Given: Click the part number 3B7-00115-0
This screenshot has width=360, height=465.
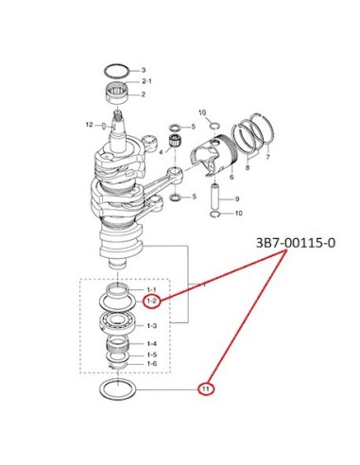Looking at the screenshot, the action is (296, 243).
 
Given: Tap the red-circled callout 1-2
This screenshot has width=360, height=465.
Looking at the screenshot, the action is (151, 301).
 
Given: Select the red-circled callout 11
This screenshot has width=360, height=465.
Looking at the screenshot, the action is (206, 389).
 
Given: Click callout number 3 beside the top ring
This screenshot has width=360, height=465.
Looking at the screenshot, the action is (144, 70).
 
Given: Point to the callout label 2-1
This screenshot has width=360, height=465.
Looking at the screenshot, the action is (146, 81).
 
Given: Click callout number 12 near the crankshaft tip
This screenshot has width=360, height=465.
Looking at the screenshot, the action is (90, 125).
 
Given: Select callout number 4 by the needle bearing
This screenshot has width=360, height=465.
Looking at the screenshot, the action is (161, 152).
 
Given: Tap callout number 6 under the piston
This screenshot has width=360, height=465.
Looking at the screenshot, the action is (231, 177).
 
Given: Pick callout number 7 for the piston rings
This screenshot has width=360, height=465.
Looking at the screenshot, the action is (267, 156).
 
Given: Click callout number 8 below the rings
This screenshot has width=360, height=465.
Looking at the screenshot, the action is (248, 167).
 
